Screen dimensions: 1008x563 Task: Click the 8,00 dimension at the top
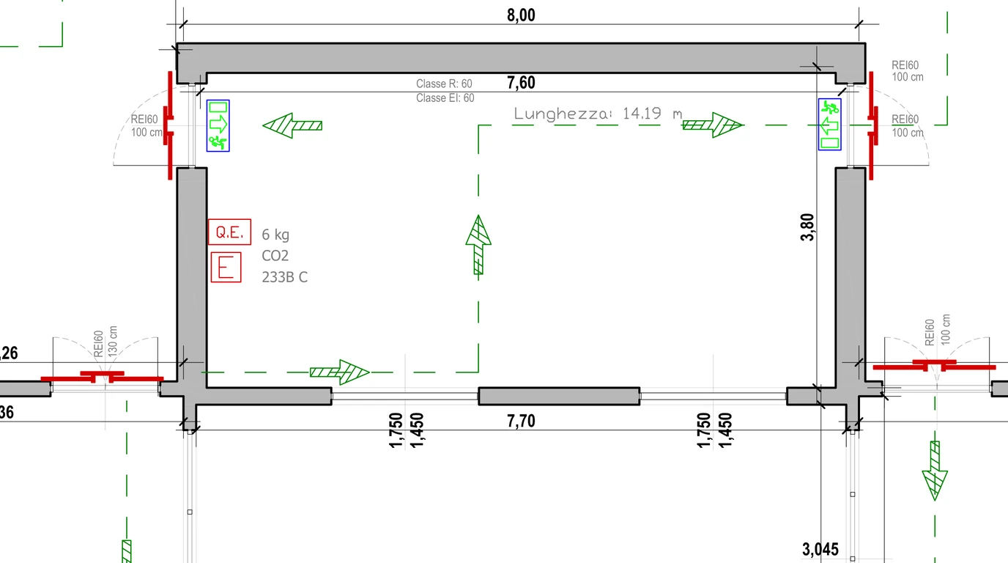[521, 15]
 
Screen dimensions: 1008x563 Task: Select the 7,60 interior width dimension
[521, 82]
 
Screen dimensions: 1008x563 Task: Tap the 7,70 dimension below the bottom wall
[521, 421]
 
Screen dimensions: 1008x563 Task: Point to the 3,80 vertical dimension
[808, 227]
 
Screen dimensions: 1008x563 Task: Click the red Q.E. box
[229, 232]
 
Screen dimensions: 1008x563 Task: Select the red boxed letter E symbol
[226, 268]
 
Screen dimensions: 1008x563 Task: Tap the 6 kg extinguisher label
[275, 235]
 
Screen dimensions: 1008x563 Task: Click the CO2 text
[275, 255]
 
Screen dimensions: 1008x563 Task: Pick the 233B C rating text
[285, 276]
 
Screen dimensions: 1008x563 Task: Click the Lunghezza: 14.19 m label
[598, 114]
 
